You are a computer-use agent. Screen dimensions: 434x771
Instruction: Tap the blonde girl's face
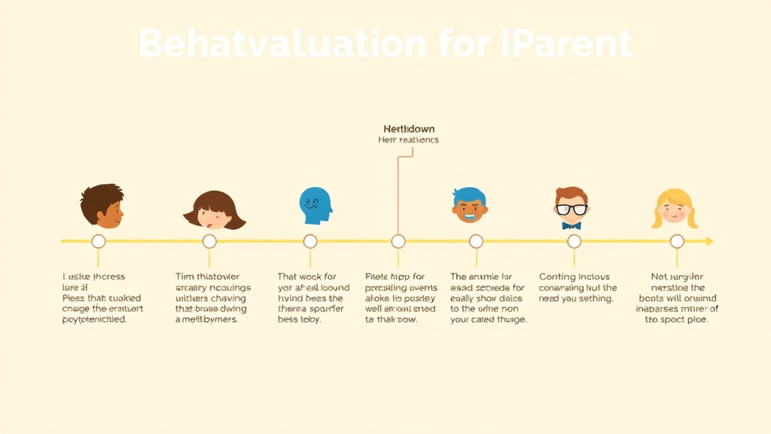(x=674, y=209)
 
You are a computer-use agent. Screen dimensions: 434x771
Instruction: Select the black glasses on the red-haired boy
(x=571, y=209)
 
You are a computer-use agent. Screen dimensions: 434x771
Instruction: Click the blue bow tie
(x=571, y=225)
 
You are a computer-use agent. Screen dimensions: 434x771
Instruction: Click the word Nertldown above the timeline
(x=409, y=129)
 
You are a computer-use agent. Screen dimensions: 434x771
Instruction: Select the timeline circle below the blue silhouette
(x=310, y=241)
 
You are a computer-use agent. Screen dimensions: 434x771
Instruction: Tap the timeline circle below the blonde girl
(x=677, y=241)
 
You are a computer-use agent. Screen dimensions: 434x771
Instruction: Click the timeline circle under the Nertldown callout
(x=398, y=241)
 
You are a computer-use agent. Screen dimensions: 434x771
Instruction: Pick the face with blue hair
(x=470, y=206)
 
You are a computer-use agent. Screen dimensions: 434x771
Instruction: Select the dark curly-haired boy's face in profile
(x=104, y=206)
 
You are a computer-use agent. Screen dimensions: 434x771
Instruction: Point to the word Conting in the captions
(x=557, y=277)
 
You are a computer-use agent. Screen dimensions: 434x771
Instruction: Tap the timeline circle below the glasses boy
(x=574, y=241)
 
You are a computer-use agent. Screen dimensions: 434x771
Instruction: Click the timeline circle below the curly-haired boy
(x=98, y=241)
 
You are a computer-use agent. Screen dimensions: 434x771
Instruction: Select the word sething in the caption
(x=598, y=298)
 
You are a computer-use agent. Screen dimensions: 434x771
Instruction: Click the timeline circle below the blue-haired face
(x=476, y=241)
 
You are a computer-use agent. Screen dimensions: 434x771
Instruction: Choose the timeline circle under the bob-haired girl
(x=209, y=241)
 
